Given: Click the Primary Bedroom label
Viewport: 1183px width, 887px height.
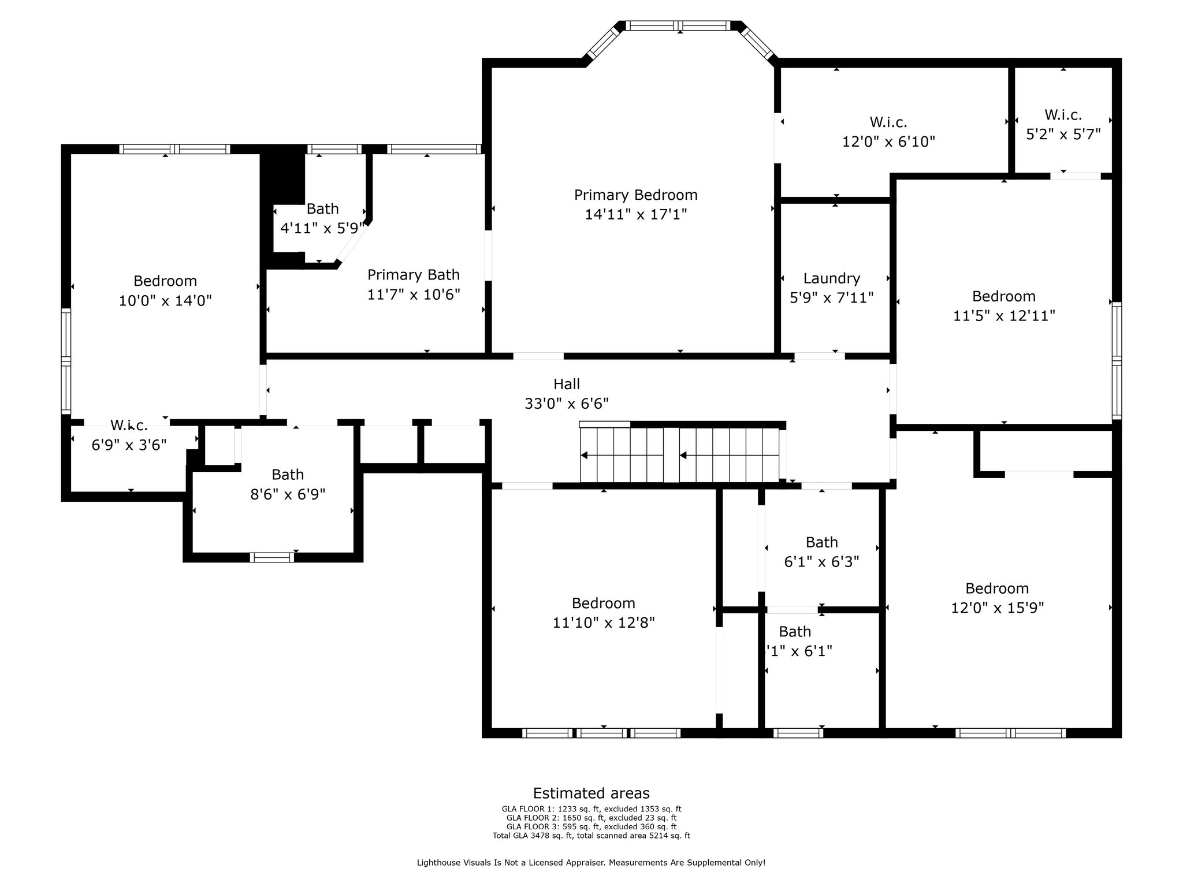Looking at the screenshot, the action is [635, 195].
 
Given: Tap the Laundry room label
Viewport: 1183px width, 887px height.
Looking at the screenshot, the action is [832, 278].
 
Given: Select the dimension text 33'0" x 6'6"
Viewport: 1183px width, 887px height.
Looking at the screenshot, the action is [567, 403].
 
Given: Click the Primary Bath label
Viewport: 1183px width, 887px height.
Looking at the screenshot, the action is [414, 275].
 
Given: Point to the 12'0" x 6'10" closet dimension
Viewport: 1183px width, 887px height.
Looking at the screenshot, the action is [888, 141].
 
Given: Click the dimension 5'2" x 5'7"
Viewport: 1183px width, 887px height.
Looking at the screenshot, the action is [1063, 134].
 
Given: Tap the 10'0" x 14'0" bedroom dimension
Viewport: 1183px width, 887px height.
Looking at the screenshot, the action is [165, 301].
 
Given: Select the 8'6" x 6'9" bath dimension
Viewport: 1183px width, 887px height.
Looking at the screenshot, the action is [288, 494].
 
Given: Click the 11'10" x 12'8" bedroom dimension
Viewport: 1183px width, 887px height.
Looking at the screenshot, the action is [604, 623].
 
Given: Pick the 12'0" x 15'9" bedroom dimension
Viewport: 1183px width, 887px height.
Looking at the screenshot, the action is [998, 608].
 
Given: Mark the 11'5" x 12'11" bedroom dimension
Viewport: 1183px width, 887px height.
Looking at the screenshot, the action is [1004, 316].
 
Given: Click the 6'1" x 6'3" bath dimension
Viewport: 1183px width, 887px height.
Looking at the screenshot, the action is [821, 561].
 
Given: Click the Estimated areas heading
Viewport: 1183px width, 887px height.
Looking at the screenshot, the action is [591, 793].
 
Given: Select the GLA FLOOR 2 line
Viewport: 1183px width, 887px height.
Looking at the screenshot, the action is [591, 818].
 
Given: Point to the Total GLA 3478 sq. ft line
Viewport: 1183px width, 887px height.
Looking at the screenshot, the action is [591, 835].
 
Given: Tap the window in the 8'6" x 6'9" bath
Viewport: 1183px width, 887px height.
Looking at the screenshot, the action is [272, 557].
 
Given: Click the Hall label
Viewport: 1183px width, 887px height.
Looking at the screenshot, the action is [567, 383].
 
